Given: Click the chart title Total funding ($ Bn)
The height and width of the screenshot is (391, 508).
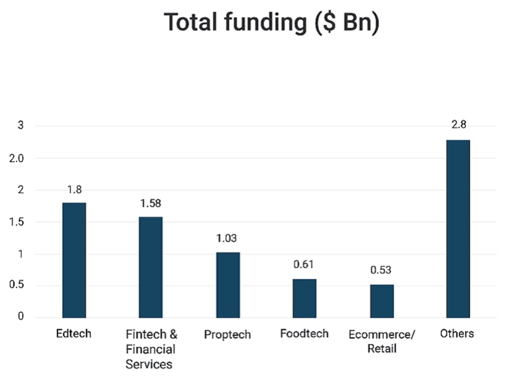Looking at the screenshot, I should coord(271,22).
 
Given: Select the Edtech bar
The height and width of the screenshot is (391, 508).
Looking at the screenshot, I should coord(74,260).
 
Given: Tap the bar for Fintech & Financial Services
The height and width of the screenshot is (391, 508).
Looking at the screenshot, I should coord(150,267).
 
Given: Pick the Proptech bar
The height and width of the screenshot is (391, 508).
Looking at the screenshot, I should coord(228,285).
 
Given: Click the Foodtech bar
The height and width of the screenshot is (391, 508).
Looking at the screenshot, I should coord(304,298).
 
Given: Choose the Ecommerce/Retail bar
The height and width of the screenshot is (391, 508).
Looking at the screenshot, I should coord(382,301).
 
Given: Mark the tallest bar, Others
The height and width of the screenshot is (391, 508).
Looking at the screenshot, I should coord(458,229).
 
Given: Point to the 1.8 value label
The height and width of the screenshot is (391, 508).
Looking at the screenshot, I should coord(74,190).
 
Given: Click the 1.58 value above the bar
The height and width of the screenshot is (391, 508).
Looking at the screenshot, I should coord(150,203).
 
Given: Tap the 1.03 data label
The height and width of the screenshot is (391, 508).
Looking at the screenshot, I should coord(226,238).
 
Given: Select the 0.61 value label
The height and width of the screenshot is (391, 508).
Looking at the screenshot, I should coord(303,264).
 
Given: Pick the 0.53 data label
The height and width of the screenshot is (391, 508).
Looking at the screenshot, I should coord(381,270).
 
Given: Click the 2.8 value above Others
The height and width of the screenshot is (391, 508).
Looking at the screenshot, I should coord(458,125).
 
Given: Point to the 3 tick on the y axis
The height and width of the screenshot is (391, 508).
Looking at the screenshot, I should coord(21,126).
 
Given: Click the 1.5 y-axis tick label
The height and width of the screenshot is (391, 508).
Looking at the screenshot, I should coord(17,222).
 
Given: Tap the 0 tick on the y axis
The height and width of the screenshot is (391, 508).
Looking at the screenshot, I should coord(21,316).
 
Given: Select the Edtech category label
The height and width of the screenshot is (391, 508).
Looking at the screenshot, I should coord(74,333).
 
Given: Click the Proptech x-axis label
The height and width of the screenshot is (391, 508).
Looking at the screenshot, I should coord(227,335).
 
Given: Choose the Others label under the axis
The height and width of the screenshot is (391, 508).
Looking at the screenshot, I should coord(457,333).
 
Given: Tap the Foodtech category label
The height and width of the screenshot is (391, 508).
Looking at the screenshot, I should coord(304,333).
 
